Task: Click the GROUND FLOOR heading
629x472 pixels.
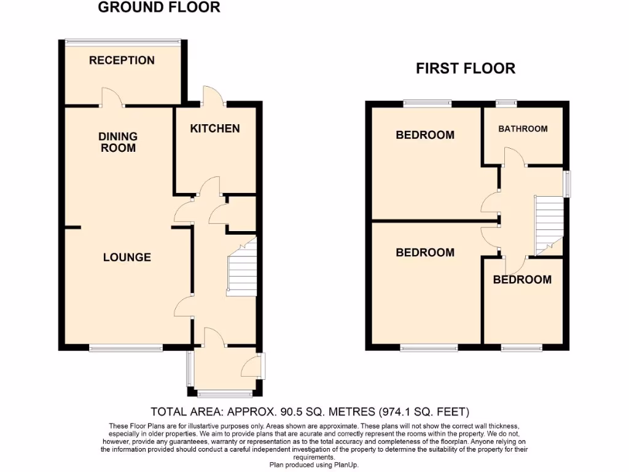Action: pos(159,8)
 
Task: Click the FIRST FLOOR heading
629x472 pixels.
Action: pos(466,68)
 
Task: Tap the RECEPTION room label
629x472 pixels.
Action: pos(122,60)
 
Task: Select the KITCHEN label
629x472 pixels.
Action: pos(214,128)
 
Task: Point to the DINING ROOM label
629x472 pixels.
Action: pos(118,142)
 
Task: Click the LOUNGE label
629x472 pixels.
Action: pos(127,257)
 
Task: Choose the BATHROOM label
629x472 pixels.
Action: pos(523,129)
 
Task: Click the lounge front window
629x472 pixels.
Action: pos(126,349)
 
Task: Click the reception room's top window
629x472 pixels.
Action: pos(123,42)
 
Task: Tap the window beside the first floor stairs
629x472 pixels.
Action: pos(567,183)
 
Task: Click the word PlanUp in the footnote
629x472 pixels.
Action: pos(346,465)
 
